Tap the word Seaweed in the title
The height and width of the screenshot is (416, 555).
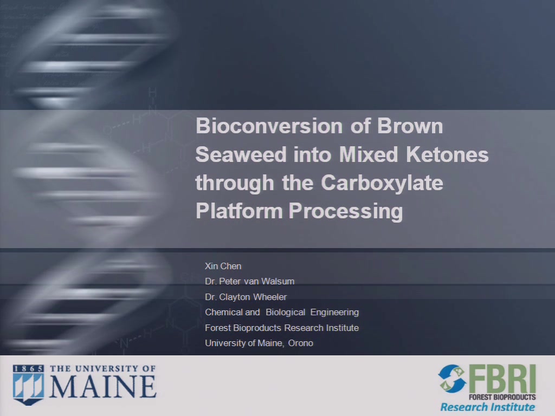(241, 154)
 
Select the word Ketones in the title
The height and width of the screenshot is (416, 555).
(447, 154)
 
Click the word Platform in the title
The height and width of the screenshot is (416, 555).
(239, 211)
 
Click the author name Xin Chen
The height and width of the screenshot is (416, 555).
(223, 266)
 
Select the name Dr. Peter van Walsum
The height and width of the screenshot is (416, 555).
(249, 281)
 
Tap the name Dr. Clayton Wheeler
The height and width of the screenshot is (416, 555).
(246, 297)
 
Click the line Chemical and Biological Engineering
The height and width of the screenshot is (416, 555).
(282, 313)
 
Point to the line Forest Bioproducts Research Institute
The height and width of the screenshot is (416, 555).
(282, 328)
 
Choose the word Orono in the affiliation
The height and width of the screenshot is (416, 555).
(300, 343)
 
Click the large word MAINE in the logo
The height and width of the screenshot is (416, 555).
(103, 386)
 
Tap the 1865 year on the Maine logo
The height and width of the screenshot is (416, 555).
(28, 368)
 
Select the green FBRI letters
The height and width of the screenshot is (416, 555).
(502, 379)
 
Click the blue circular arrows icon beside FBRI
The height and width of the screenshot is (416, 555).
(453, 379)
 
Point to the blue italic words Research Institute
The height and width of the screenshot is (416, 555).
(487, 407)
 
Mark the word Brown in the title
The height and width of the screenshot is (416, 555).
(410, 126)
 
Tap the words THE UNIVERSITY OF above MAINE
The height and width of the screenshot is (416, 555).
(102, 368)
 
